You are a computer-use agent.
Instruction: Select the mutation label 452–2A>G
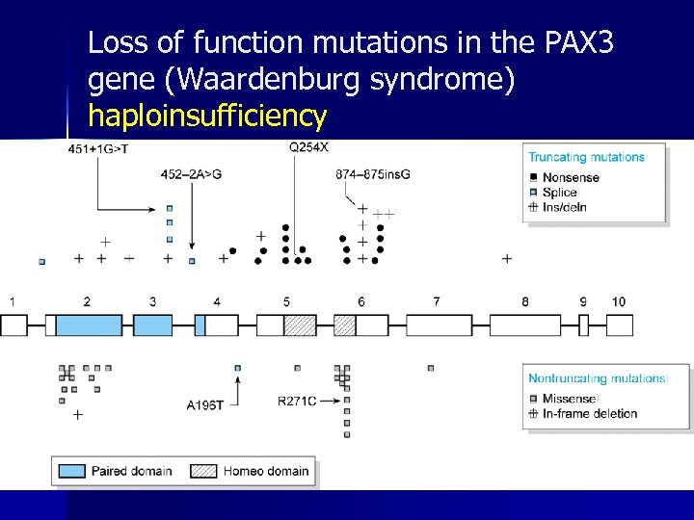pyautogui.click(x=191, y=174)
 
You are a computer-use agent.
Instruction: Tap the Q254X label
pyautogui.click(x=308, y=147)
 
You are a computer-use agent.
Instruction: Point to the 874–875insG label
pyautogui.click(x=372, y=174)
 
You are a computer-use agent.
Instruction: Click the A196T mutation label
pyautogui.click(x=205, y=405)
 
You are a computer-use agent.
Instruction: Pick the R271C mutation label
pyautogui.click(x=296, y=401)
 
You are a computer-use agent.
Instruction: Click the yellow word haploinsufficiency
pyautogui.click(x=207, y=117)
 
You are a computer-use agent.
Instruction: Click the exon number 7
pyautogui.click(x=437, y=301)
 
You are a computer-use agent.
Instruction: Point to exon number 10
pyautogui.click(x=618, y=301)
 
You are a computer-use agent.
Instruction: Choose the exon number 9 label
pyautogui.click(x=583, y=301)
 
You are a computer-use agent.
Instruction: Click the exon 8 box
pyautogui.click(x=524, y=325)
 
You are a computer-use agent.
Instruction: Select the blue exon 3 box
pyautogui.click(x=152, y=325)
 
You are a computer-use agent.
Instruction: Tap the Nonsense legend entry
pyautogui.click(x=571, y=177)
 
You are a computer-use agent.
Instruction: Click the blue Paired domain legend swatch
pyautogui.click(x=72, y=471)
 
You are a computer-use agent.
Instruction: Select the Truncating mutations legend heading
pyautogui.click(x=586, y=157)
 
